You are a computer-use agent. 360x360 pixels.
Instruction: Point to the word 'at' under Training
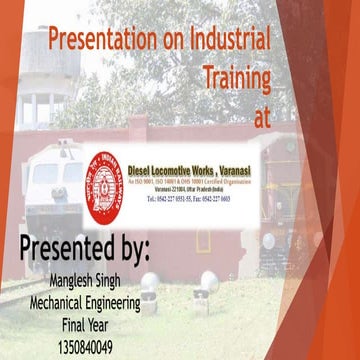click(x=262, y=115)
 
